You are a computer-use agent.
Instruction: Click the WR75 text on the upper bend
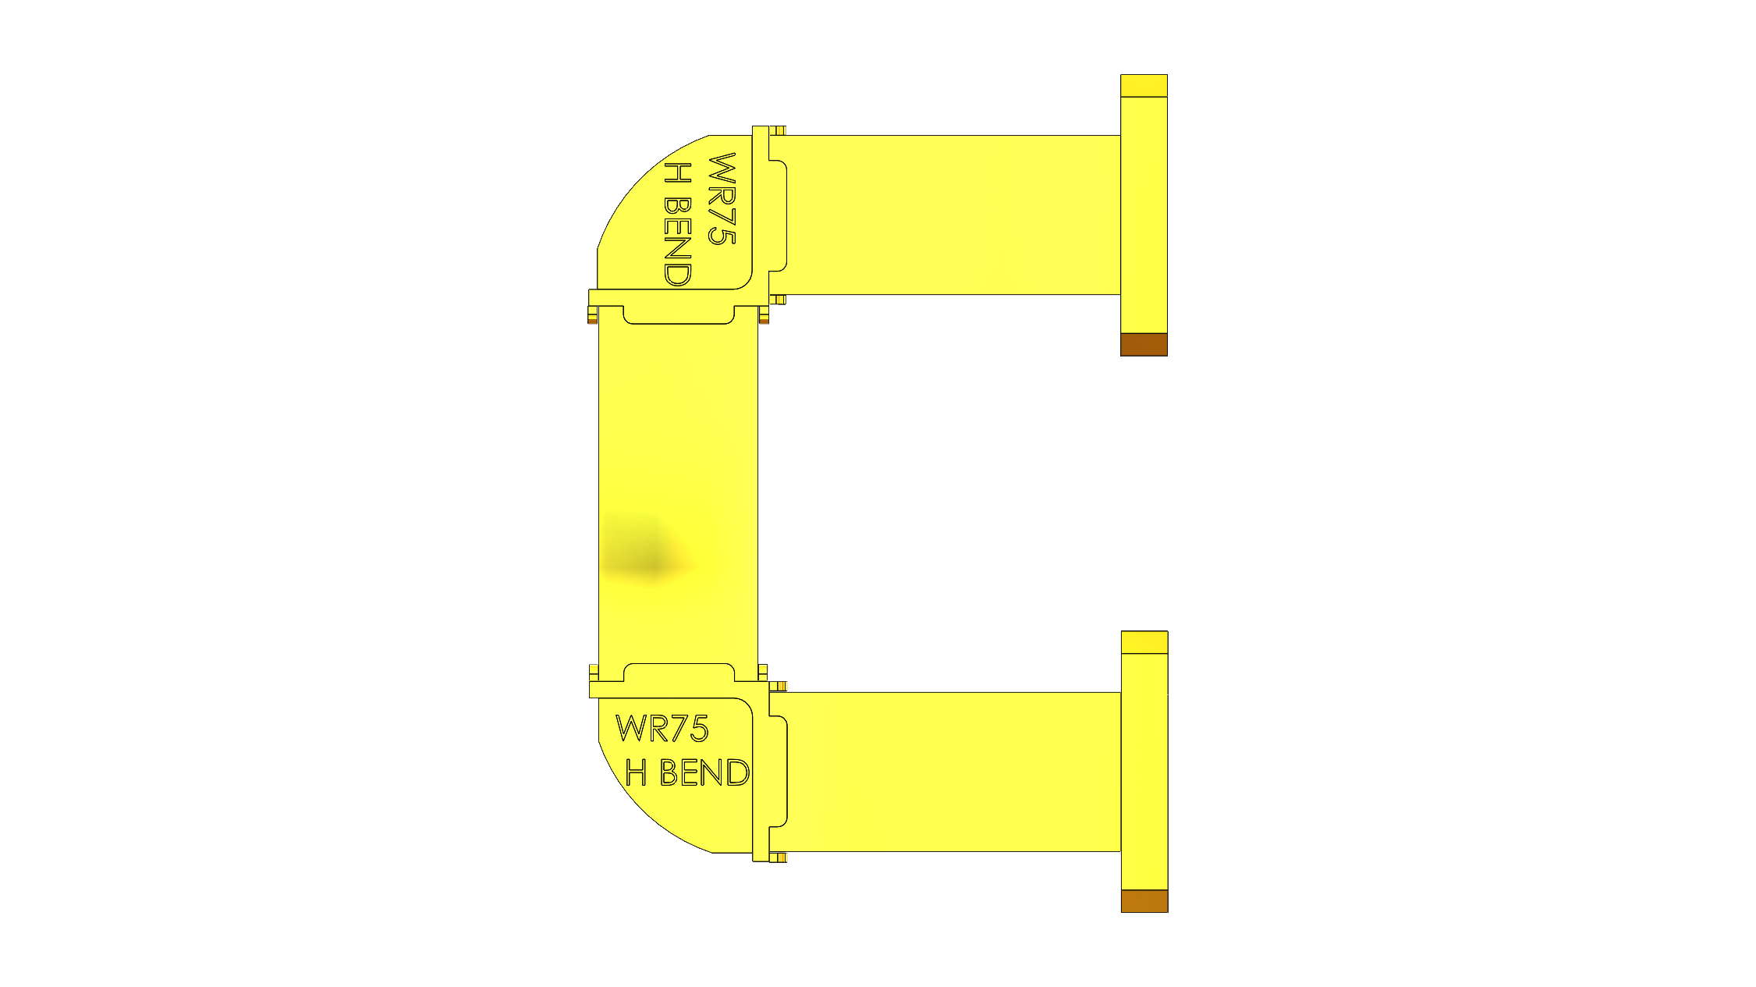(722, 199)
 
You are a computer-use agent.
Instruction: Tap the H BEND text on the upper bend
(677, 225)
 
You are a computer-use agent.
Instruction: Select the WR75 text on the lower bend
(662, 729)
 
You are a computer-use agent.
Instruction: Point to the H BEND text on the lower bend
(687, 772)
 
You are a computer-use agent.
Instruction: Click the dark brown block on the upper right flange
(1144, 344)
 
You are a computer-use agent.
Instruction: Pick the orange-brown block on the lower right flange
(1144, 900)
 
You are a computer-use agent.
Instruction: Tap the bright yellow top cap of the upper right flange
(1144, 86)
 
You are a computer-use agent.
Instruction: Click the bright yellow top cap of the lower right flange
(1144, 642)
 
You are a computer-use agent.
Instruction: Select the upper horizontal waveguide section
(952, 215)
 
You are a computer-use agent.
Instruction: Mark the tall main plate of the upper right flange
(1144, 215)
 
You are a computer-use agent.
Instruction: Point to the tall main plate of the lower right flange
(1144, 771)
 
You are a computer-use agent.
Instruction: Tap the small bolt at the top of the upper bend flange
(778, 130)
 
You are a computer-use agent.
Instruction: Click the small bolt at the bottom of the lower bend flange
(779, 857)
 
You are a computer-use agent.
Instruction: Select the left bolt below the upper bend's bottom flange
(593, 315)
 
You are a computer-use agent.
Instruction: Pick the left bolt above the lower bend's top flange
(594, 672)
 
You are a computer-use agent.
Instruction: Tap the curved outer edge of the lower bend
(640, 811)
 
